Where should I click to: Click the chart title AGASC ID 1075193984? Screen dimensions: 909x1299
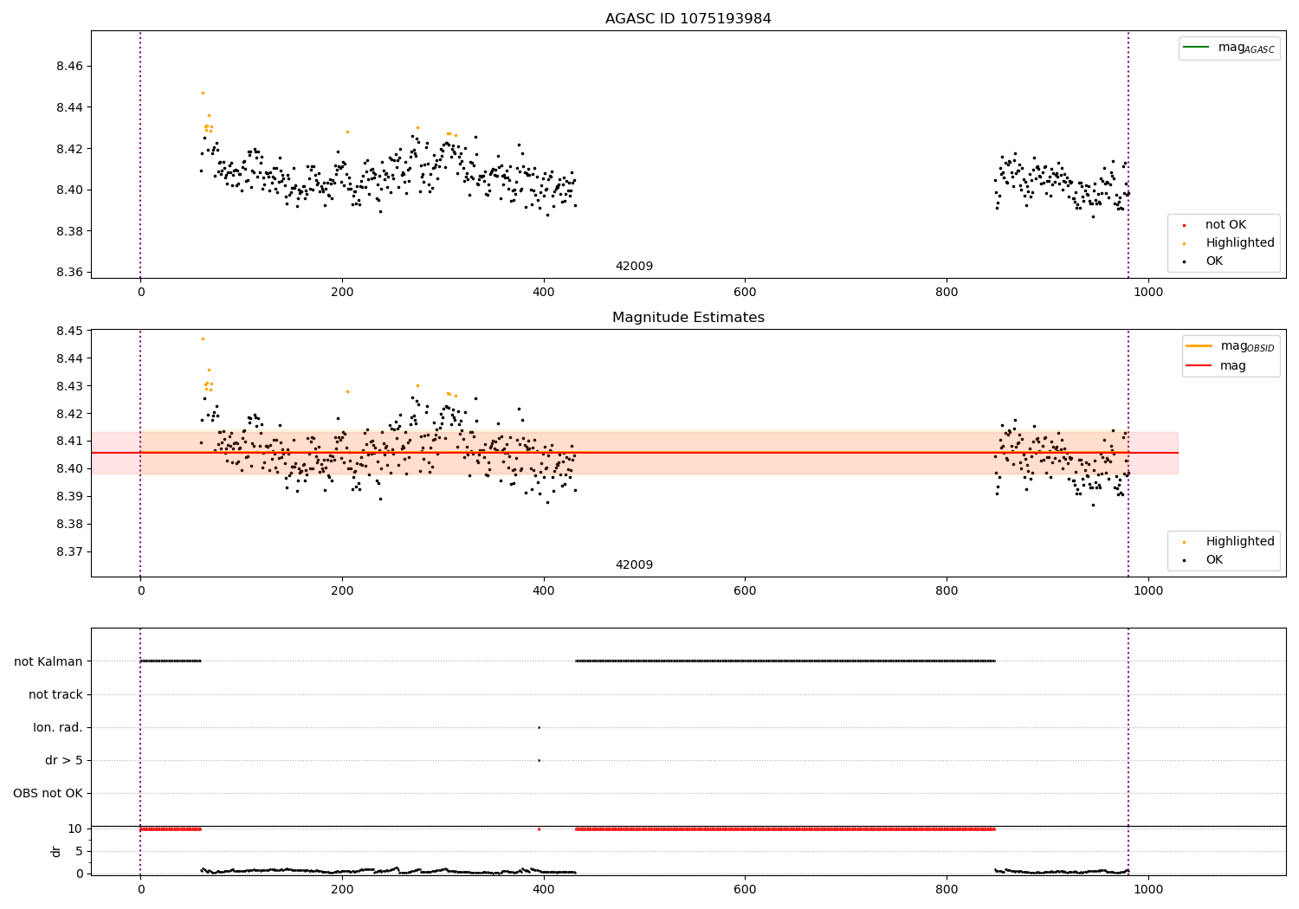coord(688,19)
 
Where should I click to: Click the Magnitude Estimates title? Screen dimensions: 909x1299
coord(688,318)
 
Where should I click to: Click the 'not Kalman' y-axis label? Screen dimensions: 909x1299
coord(48,662)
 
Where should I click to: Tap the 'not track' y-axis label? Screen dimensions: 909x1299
coord(55,695)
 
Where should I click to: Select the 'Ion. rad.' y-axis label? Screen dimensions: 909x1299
coord(58,728)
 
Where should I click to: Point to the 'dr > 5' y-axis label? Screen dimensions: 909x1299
coord(64,761)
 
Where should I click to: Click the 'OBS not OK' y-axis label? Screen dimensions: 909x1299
coord(48,794)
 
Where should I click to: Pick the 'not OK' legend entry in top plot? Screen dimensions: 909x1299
coord(1225,225)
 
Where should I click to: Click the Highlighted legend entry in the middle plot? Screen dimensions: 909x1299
coord(1239,542)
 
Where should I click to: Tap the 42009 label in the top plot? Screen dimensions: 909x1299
coord(634,267)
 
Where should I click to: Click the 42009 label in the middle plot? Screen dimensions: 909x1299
coord(634,565)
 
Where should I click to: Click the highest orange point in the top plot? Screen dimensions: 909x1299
coord(203,93)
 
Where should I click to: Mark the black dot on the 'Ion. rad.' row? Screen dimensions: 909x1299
coord(539,727)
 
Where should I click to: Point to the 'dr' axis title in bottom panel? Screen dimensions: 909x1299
coord(56,851)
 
